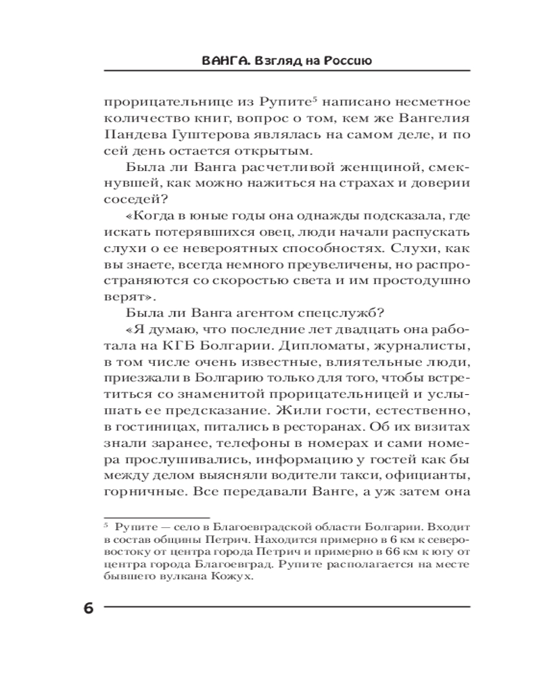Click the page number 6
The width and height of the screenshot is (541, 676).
pos(89,607)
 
